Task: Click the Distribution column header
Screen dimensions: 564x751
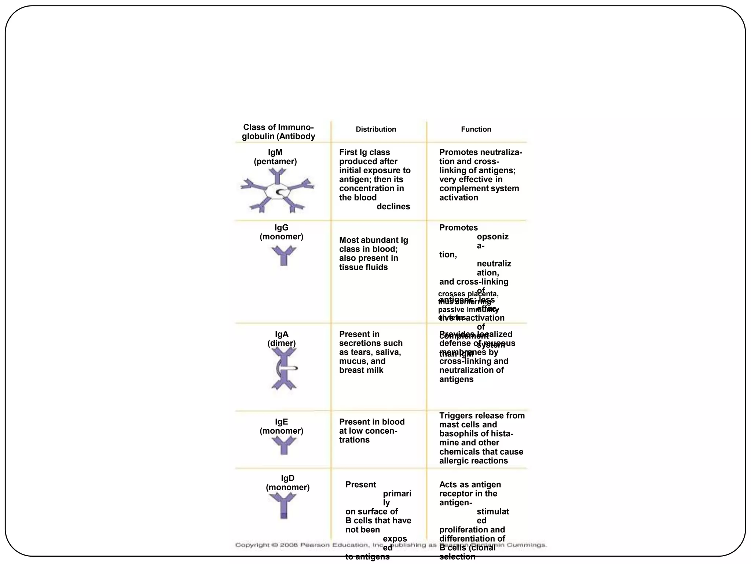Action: point(375,129)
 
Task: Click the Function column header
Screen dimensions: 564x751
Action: point(476,129)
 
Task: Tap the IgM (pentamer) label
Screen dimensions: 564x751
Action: point(275,157)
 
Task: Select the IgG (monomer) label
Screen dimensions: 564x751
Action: point(281,232)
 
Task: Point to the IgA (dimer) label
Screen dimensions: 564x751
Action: point(281,339)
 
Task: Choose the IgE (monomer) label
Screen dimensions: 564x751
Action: point(281,426)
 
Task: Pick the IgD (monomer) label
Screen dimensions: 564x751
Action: point(287,482)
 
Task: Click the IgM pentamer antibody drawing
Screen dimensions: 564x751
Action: point(277,191)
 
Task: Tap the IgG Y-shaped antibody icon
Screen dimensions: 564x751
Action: point(283,256)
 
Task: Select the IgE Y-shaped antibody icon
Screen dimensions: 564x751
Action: point(283,445)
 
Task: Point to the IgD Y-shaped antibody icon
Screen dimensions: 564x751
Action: point(283,505)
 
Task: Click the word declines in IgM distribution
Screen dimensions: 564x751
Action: point(393,206)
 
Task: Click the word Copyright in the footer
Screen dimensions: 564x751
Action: point(252,545)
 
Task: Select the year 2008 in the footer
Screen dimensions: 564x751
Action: point(289,545)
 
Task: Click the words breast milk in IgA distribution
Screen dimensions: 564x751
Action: point(361,370)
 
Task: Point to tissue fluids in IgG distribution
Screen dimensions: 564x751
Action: point(363,267)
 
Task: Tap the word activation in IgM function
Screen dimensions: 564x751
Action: point(458,198)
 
